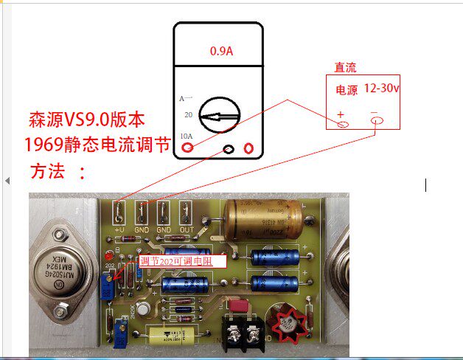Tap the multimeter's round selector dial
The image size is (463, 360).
click(x=221, y=115)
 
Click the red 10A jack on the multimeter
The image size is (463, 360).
click(x=189, y=149)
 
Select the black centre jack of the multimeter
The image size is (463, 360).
click(x=229, y=150)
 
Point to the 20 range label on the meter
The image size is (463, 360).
click(x=188, y=115)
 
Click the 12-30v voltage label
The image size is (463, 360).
click(x=381, y=89)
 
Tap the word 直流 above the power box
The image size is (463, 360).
click(x=345, y=68)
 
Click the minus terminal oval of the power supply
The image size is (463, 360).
click(x=375, y=120)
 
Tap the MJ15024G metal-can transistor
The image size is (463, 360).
click(x=61, y=261)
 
